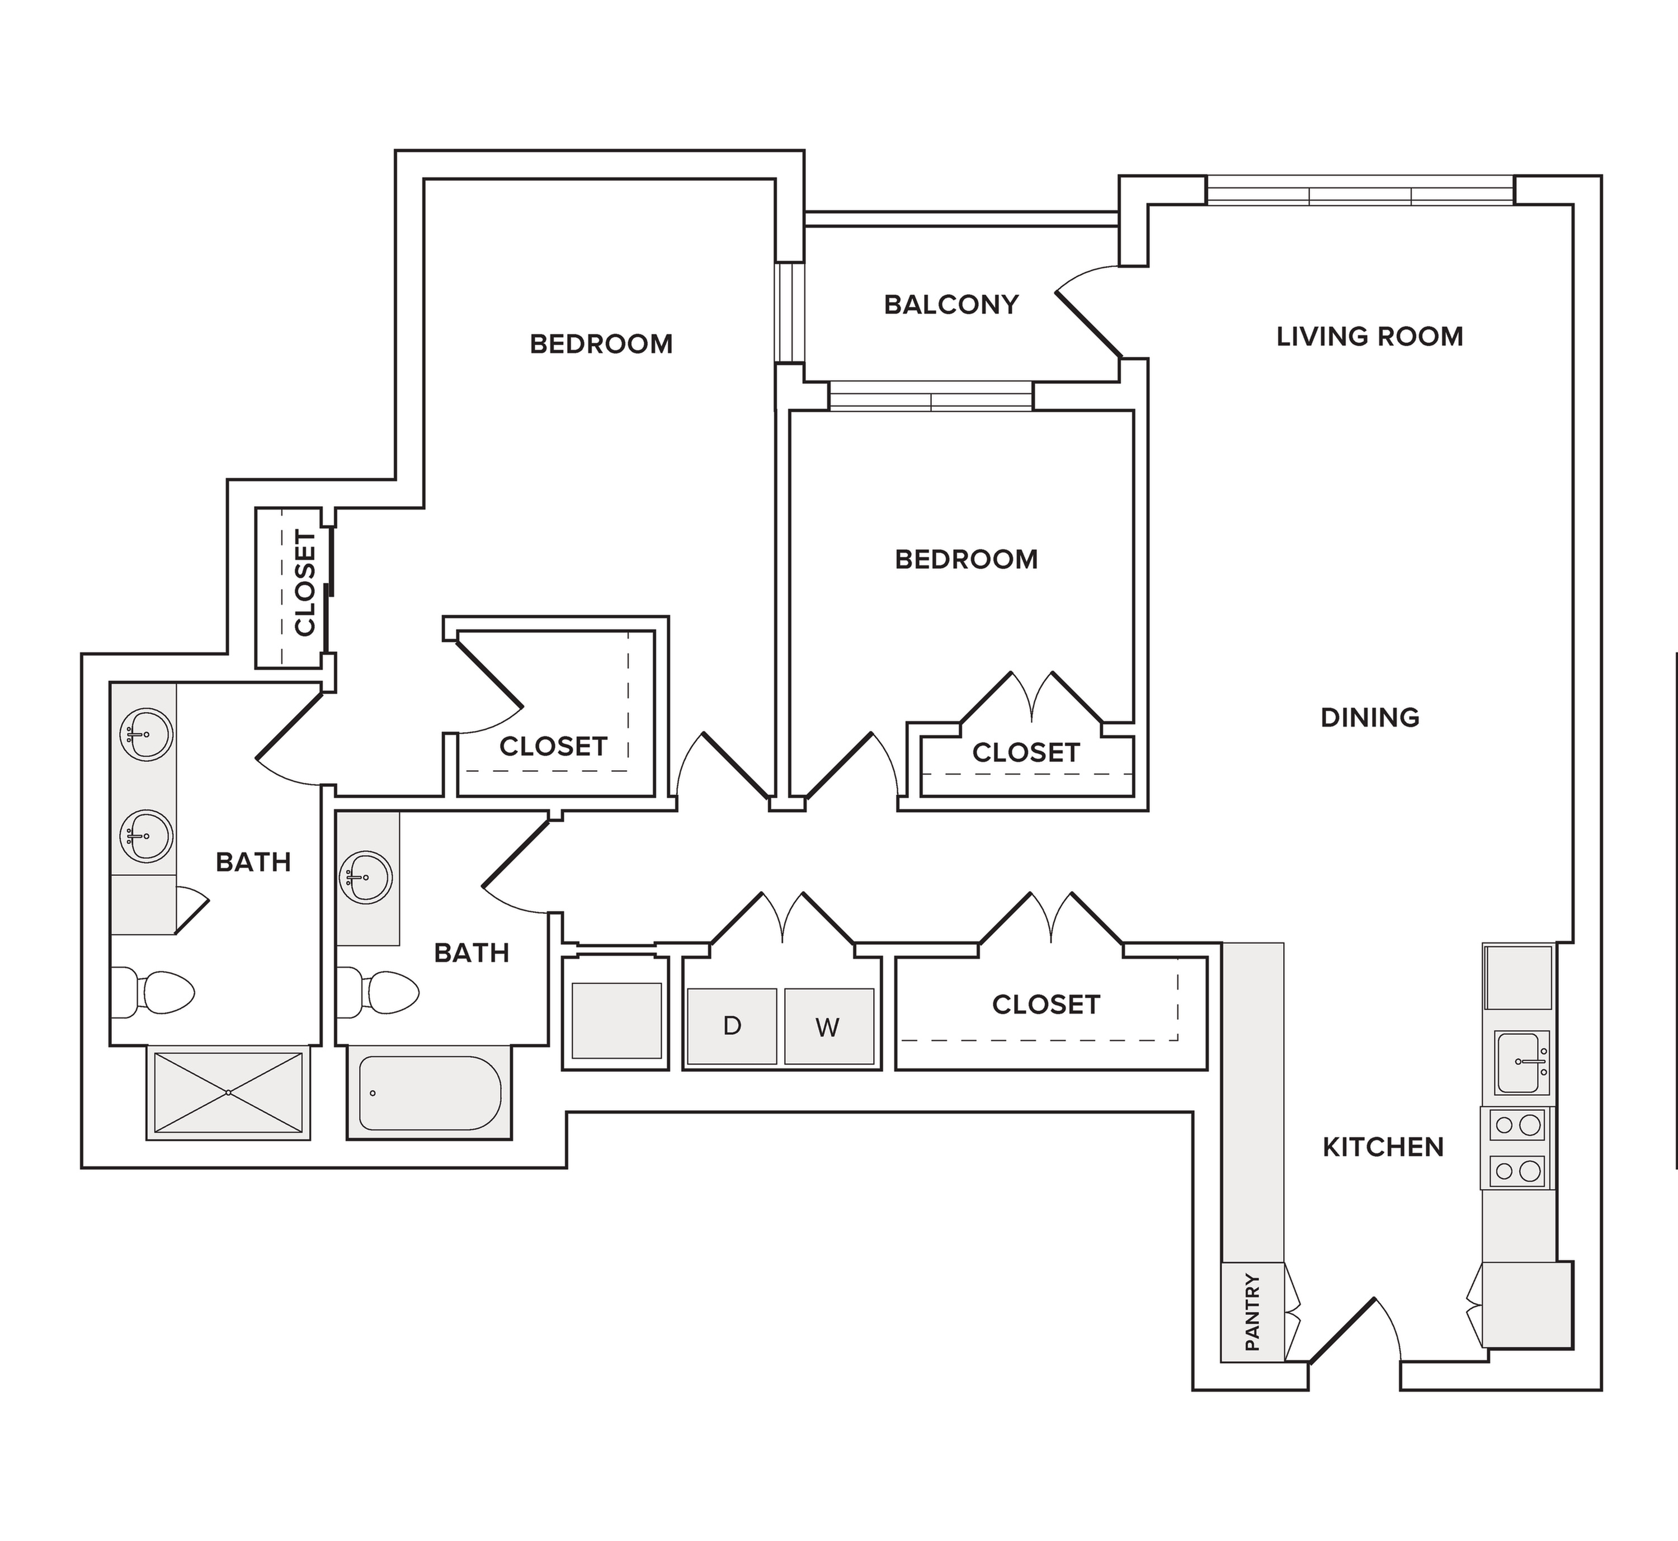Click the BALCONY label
951,304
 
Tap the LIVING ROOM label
1369,336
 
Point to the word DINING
1369,717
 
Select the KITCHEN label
1383,1147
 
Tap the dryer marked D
732,1026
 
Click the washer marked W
828,1026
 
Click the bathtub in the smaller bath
430,1093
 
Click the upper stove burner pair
1518,1125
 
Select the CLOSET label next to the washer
1046,1005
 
